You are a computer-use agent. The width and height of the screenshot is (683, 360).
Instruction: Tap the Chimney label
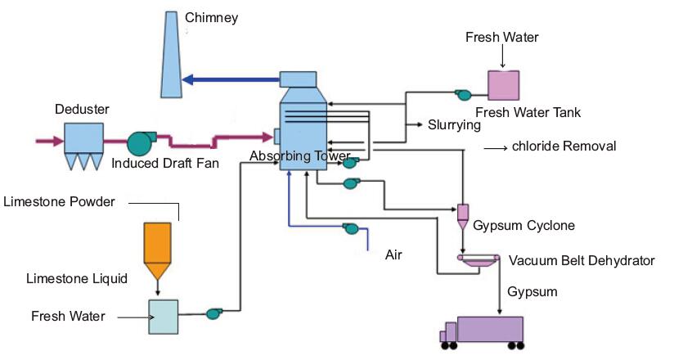tap(212, 16)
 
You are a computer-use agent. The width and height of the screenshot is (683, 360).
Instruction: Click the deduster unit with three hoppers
tap(83, 144)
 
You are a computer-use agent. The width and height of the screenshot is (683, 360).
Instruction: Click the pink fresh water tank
tap(503, 85)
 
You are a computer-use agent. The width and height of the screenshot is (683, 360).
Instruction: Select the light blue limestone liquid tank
tap(163, 316)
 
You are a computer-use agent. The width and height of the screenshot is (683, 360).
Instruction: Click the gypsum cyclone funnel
tap(462, 215)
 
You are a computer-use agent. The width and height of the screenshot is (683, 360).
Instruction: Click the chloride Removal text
tap(564, 146)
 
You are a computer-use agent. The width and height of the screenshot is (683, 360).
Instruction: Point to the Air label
tap(394, 254)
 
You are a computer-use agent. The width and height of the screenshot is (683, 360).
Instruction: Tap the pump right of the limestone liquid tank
tap(214, 313)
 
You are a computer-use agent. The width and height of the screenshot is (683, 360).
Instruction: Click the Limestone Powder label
tap(60, 201)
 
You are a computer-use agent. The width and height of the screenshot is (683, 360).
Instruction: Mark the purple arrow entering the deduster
tap(48, 141)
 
